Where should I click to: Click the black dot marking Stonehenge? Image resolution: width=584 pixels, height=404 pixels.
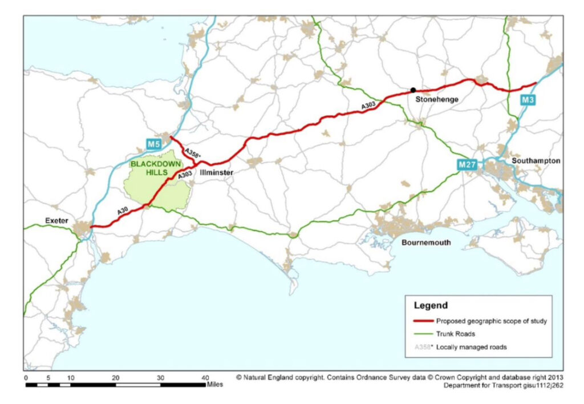[413, 90]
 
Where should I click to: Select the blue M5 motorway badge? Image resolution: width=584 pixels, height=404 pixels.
[152, 144]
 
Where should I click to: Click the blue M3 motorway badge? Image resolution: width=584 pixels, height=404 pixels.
[527, 100]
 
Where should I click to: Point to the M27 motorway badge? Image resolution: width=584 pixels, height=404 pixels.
[467, 165]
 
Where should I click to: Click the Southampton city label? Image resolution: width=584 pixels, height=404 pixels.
[536, 161]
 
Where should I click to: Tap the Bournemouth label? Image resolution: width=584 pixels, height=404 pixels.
[426, 243]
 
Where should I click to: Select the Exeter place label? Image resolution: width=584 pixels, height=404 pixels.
[55, 220]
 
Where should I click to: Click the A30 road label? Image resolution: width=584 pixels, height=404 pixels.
[123, 212]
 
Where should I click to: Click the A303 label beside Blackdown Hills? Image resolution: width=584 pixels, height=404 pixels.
[184, 176]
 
